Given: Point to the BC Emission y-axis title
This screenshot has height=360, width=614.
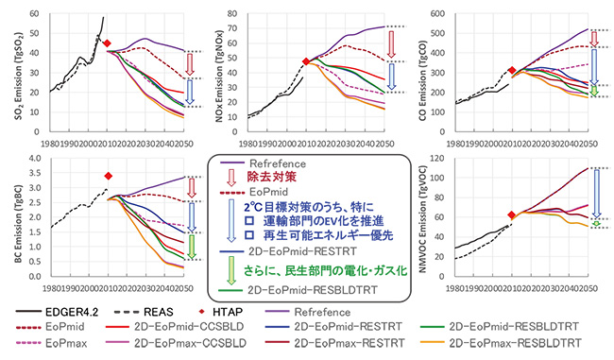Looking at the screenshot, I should pyautogui.click(x=10, y=216).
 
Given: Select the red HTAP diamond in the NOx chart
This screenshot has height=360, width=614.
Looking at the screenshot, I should pyautogui.click(x=305, y=61).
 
